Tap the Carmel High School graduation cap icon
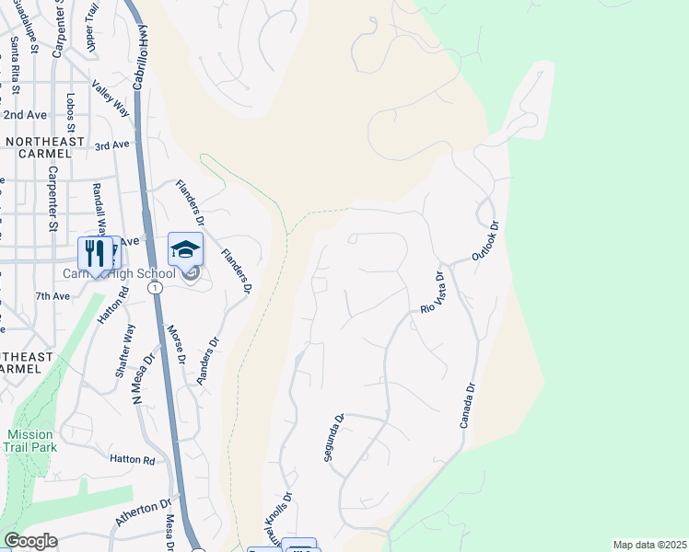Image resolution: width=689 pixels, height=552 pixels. (185, 248)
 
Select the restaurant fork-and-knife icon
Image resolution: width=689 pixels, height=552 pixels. (95, 253)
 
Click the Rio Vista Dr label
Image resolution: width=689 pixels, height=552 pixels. (432, 293)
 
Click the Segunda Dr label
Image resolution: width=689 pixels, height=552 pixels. (333, 437)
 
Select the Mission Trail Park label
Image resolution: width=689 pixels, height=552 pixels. (29, 441)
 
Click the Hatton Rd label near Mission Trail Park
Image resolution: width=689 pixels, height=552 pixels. (131, 458)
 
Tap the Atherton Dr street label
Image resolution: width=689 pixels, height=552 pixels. (144, 513)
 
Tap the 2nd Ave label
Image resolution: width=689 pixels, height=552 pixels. (24, 115)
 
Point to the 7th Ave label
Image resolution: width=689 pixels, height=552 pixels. (53, 296)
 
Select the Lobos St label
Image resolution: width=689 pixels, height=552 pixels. (71, 113)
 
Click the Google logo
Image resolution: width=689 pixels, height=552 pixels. (30, 541)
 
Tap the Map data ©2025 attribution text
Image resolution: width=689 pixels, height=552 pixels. (649, 545)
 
